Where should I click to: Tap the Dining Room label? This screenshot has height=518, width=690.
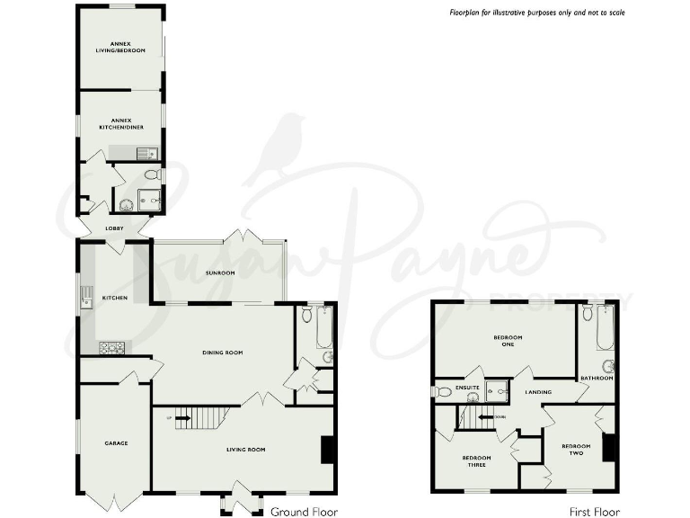pos(223,353)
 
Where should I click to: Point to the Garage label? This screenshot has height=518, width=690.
pos(116,442)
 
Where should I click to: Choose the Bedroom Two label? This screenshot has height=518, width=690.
pos(576,450)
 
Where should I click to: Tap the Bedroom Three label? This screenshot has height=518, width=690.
pos(477,460)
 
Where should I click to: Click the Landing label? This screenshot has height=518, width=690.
pos(538,392)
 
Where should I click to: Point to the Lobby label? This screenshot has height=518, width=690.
pos(114,228)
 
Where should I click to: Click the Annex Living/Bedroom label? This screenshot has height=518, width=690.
pos(120,47)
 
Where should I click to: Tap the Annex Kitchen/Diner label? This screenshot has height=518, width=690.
pos(120,123)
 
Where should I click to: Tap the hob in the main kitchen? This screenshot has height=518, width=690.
pos(111,347)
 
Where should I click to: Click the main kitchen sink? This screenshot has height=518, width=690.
pos(86,298)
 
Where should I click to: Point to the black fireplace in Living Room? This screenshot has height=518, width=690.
pos(328,450)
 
